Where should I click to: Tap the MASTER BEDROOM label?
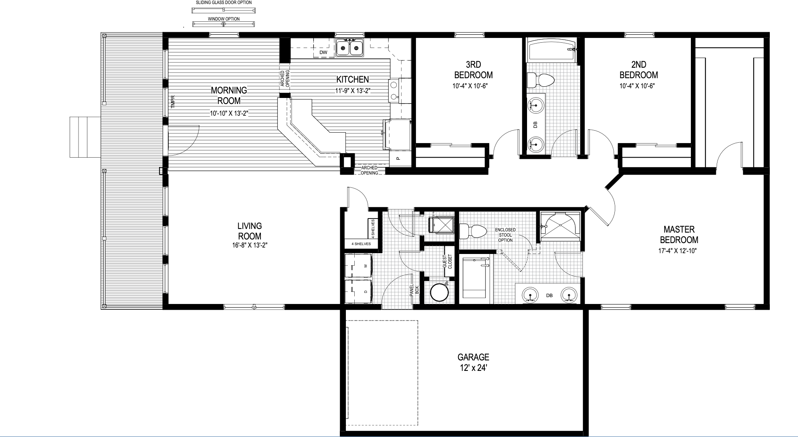pyautogui.click(x=679, y=235)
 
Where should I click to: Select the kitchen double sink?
pyautogui.click(x=349, y=48)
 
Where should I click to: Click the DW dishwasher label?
pyautogui.click(x=323, y=52)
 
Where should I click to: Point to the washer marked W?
pyautogui.click(x=358, y=266)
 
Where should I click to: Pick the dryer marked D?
pyautogui.click(x=358, y=291)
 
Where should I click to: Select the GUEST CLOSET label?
pyautogui.click(x=447, y=262)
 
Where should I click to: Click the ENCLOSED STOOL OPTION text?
pyautogui.click(x=505, y=235)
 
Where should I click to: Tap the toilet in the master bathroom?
pyautogui.click(x=473, y=231)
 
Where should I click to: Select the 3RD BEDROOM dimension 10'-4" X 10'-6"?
pyautogui.click(x=473, y=86)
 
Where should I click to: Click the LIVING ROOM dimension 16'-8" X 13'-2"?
pyautogui.click(x=250, y=245)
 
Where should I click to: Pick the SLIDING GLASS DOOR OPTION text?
pyautogui.click(x=224, y=2)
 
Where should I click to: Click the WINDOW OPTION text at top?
pyautogui.click(x=224, y=19)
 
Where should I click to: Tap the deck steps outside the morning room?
pyautogui.click(x=85, y=137)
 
